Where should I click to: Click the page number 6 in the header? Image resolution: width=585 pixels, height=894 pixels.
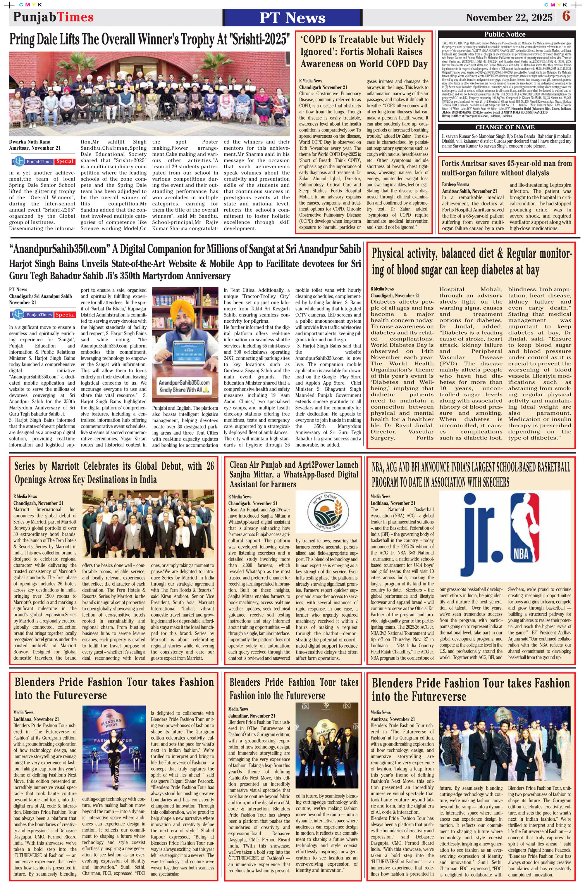566,17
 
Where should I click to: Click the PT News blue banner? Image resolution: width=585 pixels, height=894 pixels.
292,18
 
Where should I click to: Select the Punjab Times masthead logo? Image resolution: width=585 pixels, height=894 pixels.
54,17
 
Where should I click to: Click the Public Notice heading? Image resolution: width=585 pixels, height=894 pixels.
505,34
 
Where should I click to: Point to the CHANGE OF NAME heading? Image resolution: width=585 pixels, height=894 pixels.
505,127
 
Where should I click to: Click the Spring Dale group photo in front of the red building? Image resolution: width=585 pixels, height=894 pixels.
149,94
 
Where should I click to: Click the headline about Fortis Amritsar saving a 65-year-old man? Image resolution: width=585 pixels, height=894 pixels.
506,168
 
